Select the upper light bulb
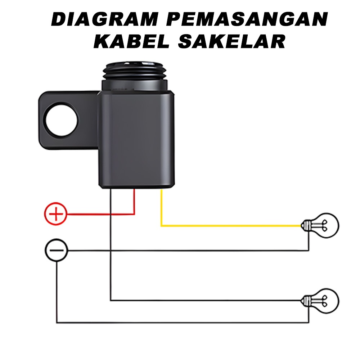click(322, 226)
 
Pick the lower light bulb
click(322, 299)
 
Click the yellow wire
click(230, 226)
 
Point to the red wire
click(101, 214)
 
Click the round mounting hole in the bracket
click(62, 120)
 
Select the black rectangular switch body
click(137, 140)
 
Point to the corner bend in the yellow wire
click(162, 226)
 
